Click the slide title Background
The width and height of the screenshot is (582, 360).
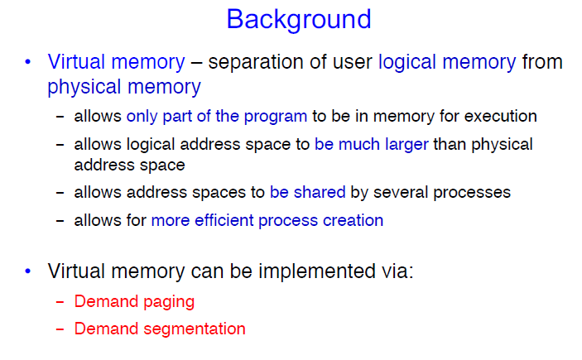click(x=299, y=20)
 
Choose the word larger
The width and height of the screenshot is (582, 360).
click(x=406, y=145)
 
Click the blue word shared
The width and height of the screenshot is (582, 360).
click(x=320, y=192)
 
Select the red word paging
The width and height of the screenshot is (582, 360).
click(x=169, y=302)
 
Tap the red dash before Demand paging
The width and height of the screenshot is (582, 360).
click(x=60, y=302)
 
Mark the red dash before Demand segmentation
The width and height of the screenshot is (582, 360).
click(x=60, y=329)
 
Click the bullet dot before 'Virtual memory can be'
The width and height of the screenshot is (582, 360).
click(x=28, y=271)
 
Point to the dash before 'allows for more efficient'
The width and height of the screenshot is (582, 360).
click(x=60, y=221)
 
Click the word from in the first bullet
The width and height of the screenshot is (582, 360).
click(x=542, y=61)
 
